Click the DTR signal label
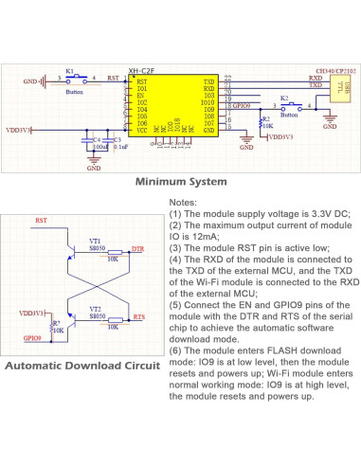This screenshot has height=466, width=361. (138, 248)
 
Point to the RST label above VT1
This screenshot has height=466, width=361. (41, 221)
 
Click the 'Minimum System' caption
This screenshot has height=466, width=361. (180, 181)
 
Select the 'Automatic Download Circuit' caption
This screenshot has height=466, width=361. (81, 367)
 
